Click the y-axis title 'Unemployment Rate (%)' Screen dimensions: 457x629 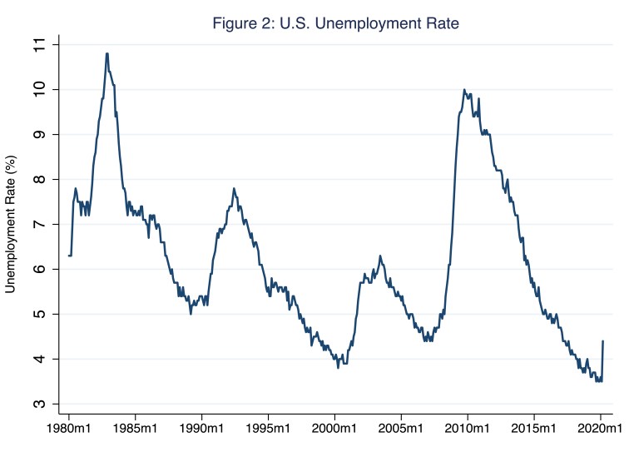click(x=12, y=225)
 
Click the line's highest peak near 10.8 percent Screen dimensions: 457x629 click(x=107, y=53)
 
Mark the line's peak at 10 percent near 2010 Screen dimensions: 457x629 click(x=464, y=89)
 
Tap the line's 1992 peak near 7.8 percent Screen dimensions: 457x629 click(x=234, y=188)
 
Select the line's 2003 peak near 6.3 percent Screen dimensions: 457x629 click(x=379, y=256)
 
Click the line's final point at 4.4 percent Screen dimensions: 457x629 click(x=602, y=341)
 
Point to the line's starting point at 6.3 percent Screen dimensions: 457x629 click(x=69, y=256)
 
